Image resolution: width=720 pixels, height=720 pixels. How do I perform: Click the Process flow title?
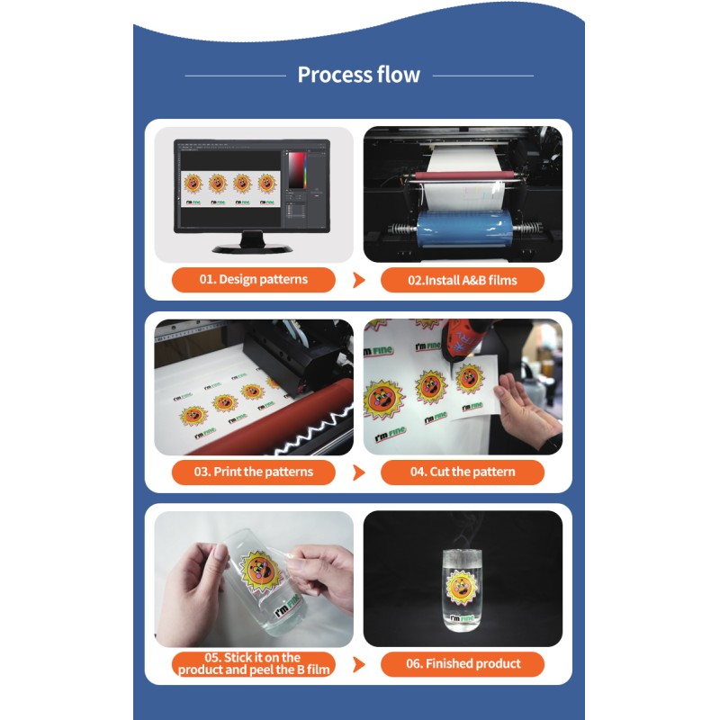click(x=358, y=75)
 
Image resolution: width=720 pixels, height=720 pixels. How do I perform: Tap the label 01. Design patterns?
click(x=254, y=279)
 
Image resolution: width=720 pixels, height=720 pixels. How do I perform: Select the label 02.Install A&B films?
click(x=463, y=280)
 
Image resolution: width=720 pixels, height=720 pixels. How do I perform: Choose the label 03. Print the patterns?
click(x=254, y=472)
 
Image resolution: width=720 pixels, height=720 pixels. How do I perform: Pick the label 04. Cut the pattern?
click(x=463, y=472)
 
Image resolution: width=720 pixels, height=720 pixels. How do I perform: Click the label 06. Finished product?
click(x=463, y=664)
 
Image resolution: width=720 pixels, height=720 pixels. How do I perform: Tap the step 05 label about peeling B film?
click(x=254, y=664)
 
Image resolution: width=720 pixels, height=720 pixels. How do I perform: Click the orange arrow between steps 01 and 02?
click(x=359, y=280)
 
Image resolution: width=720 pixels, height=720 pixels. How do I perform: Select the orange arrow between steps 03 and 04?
click(x=359, y=472)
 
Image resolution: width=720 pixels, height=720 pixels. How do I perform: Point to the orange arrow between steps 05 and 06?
click(x=359, y=664)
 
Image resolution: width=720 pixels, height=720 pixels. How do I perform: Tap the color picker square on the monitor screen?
click(x=297, y=170)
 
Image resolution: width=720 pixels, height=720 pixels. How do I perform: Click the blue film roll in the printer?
click(x=463, y=227)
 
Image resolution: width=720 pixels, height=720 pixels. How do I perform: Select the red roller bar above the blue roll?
click(x=463, y=175)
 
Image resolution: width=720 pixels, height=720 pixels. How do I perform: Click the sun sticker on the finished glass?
click(x=462, y=588)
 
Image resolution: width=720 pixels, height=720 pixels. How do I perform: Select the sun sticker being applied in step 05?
click(x=260, y=571)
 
